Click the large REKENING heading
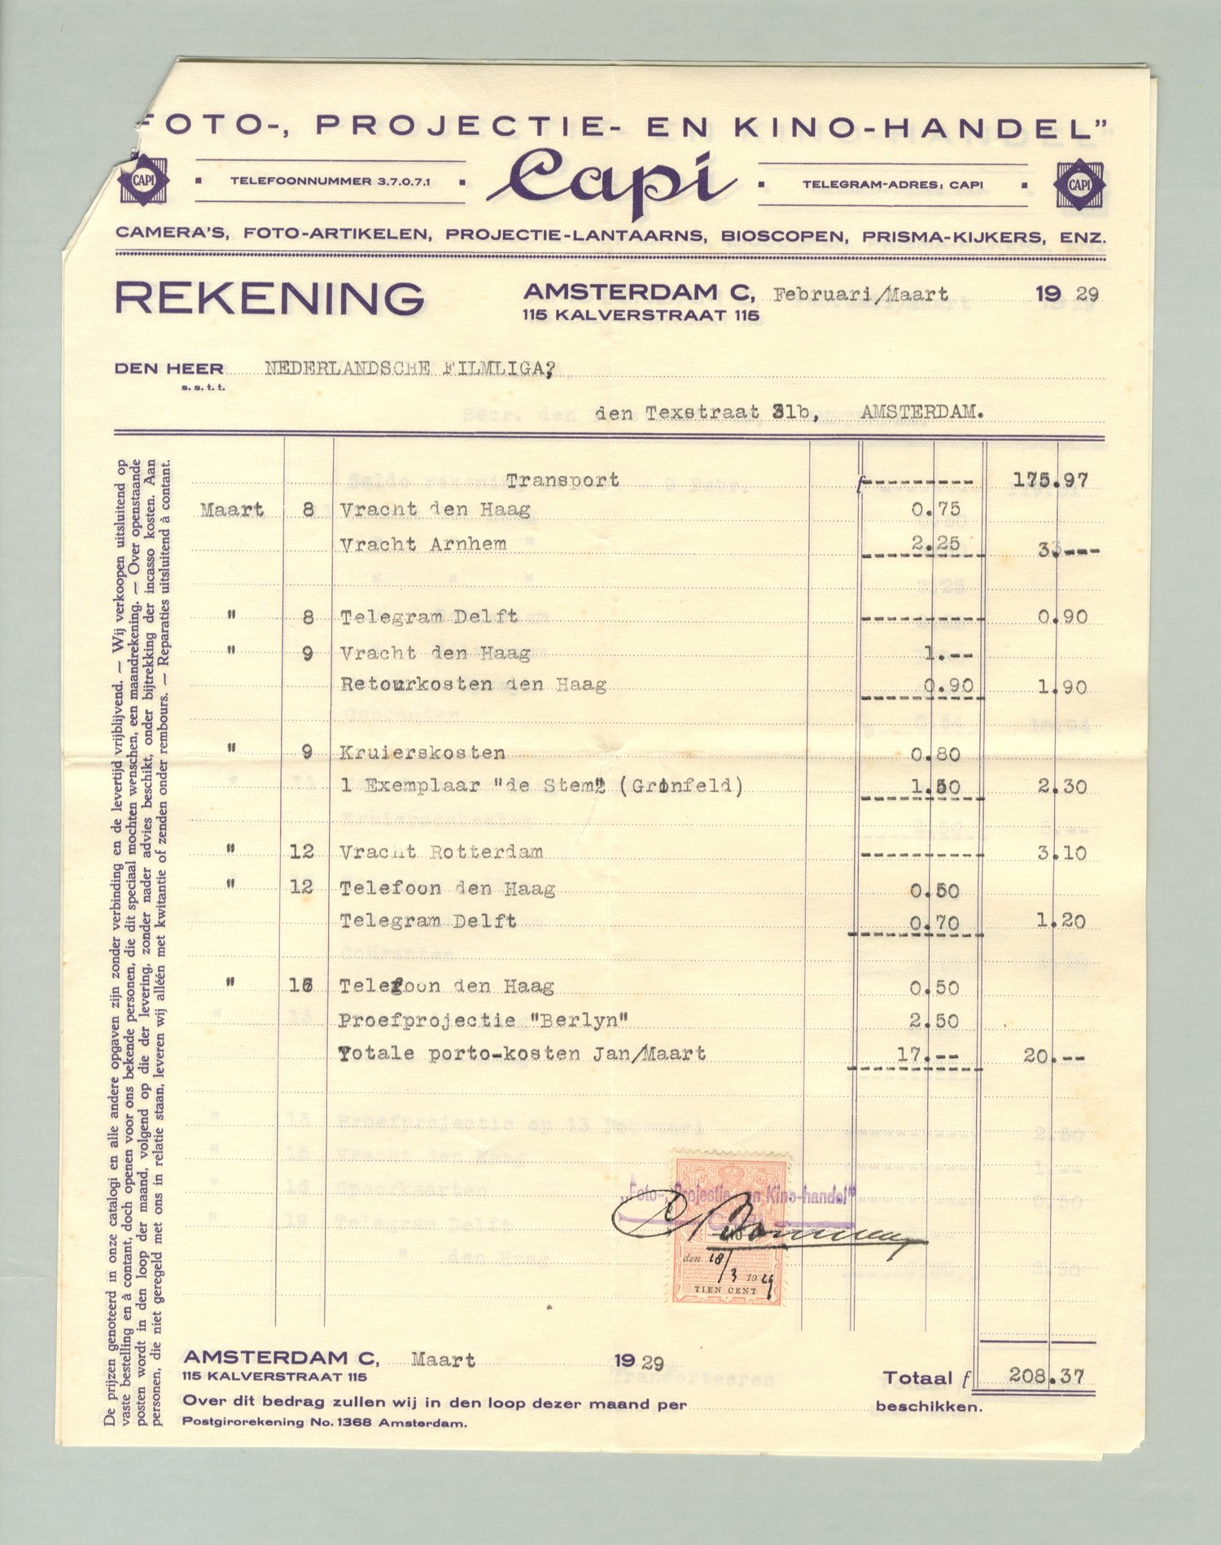pyautogui.click(x=269, y=298)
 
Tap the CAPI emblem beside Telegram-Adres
pyautogui.click(x=1079, y=184)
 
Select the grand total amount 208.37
pyautogui.click(x=1046, y=1376)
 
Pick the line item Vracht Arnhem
pyautogui.click(x=423, y=544)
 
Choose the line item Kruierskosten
pyautogui.click(x=422, y=753)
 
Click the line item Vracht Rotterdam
pyautogui.click(x=441, y=852)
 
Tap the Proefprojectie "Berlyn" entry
pyautogui.click(x=484, y=1020)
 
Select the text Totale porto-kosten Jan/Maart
pyautogui.click(x=522, y=1053)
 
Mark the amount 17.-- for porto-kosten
pyautogui.click(x=926, y=1054)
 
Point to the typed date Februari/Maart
pyautogui.click(x=860, y=295)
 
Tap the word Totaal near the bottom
pyautogui.click(x=917, y=1378)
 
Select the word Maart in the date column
pyautogui.click(x=232, y=510)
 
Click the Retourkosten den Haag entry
pyautogui.click(x=473, y=685)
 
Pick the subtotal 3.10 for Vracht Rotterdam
pyautogui.click(x=1061, y=854)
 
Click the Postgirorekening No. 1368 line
pyautogui.click(x=325, y=1423)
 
